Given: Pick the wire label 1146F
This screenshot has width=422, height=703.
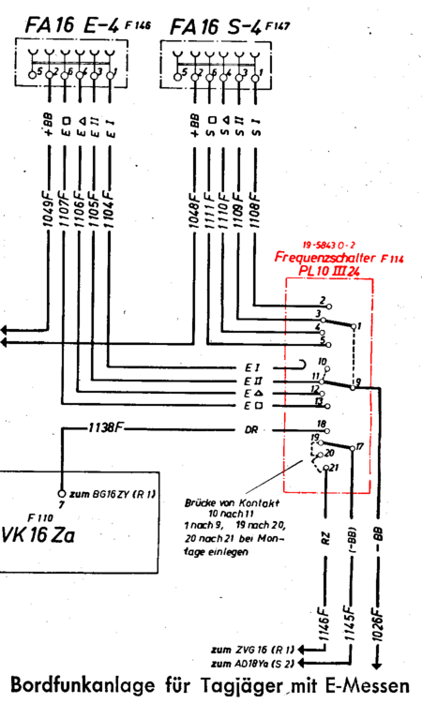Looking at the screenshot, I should click(x=324, y=627).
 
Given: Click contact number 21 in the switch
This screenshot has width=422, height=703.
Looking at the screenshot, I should click(x=333, y=468).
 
